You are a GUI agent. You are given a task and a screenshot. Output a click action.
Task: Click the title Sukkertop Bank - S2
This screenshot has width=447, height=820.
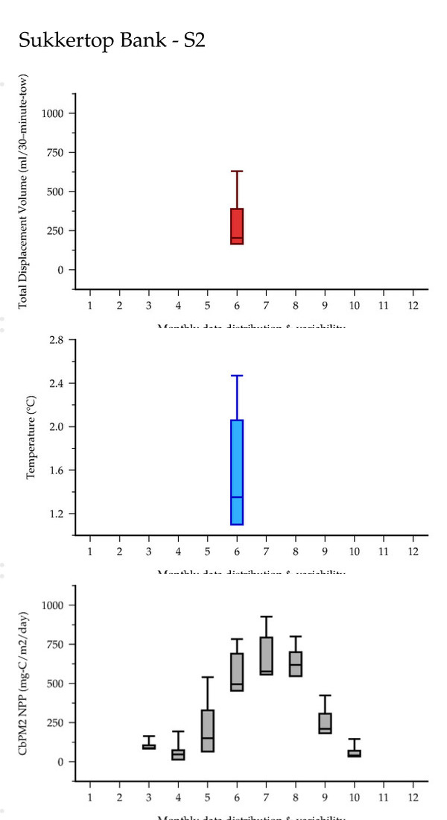(112, 42)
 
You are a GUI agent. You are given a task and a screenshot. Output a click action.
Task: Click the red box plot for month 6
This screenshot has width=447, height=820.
(237, 226)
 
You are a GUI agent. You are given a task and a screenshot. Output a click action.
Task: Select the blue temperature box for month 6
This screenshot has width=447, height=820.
(237, 472)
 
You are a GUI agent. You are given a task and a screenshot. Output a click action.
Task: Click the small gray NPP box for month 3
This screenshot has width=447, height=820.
(149, 746)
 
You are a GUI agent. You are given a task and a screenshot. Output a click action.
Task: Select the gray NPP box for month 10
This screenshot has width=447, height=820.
(355, 754)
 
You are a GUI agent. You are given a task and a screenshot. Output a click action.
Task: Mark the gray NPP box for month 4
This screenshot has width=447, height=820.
(178, 754)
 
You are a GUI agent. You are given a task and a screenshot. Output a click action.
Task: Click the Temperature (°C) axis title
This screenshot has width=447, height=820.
(31, 438)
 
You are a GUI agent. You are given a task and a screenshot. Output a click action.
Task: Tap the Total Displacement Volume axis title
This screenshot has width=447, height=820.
(24, 192)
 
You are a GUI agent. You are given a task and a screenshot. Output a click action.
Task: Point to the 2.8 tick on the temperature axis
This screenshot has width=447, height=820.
(57, 340)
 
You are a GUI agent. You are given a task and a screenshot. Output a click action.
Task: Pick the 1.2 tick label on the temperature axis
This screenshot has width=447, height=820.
(57, 514)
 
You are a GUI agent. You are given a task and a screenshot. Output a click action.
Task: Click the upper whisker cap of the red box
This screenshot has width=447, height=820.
(237, 171)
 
